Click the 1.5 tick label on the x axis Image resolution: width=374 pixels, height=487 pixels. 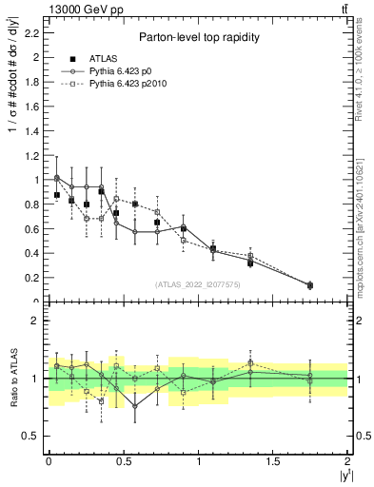coord(273,460)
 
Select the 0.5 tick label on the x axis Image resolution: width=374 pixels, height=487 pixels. coord(123,460)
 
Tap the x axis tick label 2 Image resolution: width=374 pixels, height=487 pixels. coord(347,460)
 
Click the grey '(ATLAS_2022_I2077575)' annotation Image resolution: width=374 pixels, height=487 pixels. coord(197,284)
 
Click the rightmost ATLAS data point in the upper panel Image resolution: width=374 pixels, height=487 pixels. coord(310,285)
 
